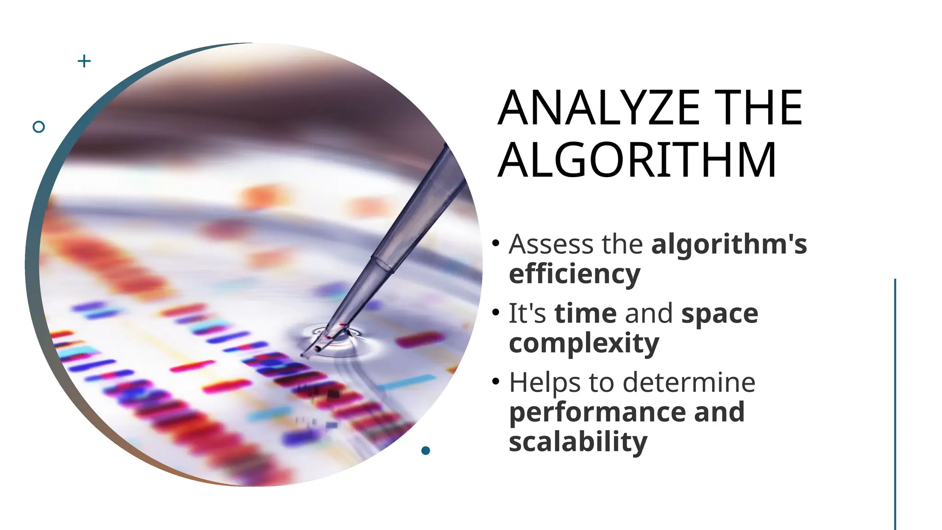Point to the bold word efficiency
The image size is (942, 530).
574,274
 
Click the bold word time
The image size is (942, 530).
585,314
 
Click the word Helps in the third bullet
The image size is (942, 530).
545,383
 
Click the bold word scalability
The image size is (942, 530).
578,442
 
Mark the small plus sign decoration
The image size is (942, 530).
84,61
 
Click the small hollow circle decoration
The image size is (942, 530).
39,127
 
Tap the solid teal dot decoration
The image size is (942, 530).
425,450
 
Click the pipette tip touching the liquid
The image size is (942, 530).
317,349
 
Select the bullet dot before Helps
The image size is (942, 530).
495,381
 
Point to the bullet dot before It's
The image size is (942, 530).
495,312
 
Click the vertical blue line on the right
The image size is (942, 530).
895,405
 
